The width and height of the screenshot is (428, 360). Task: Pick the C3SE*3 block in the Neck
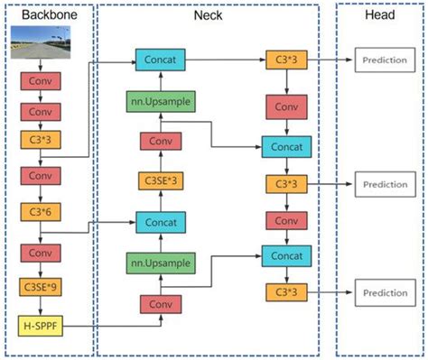tap(160, 181)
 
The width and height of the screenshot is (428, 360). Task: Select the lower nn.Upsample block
tap(160, 263)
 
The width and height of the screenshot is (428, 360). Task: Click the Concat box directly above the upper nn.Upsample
tap(160, 60)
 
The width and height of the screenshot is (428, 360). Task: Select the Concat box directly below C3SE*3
tap(160, 222)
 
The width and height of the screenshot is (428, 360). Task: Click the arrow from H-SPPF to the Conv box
tap(104, 322)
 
